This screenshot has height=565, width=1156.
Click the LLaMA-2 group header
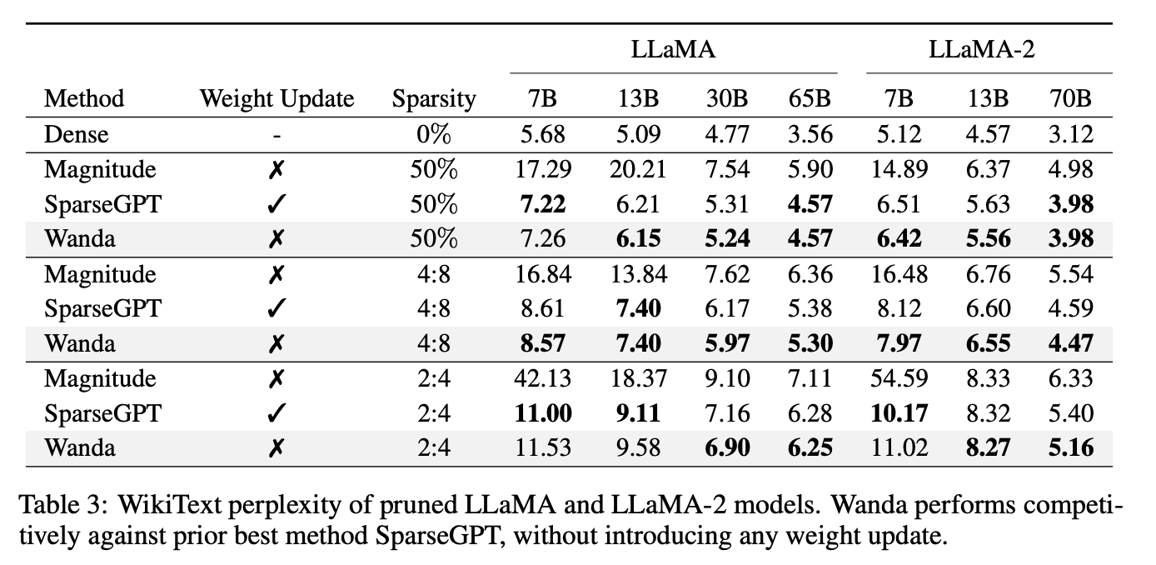click(982, 49)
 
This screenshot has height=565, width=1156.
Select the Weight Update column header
click(277, 98)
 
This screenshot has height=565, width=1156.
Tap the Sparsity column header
click(434, 98)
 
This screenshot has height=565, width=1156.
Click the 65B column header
click(810, 98)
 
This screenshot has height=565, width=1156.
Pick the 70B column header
click(1071, 98)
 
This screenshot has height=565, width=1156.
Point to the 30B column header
click(727, 98)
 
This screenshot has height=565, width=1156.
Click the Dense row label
click(77, 134)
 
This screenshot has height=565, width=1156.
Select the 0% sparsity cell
click(434, 134)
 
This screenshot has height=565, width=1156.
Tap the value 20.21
click(638, 169)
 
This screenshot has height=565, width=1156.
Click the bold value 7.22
click(543, 204)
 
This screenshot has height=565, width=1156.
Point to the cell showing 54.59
click(899, 378)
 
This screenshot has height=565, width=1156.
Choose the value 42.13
click(543, 378)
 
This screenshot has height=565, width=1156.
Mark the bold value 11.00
click(543, 413)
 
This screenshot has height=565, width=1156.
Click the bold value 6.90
click(727, 447)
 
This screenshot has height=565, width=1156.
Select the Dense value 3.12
click(1071, 134)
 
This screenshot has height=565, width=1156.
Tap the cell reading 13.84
click(638, 274)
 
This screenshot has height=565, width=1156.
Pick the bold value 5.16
click(1071, 447)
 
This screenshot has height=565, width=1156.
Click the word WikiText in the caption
click(170, 504)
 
